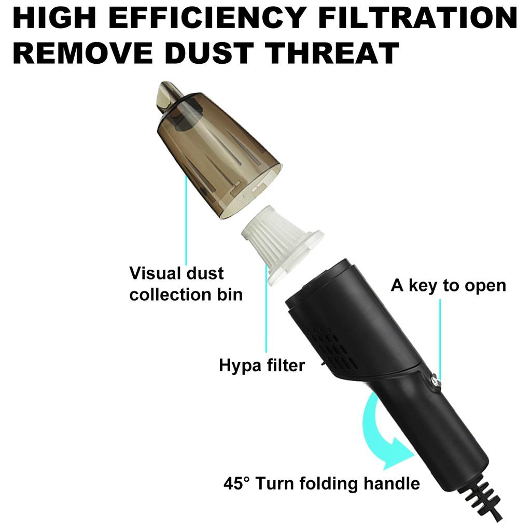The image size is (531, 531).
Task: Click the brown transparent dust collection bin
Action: point(218,156)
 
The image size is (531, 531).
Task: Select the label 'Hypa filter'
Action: point(261,366)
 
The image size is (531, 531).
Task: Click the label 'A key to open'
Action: point(448,285)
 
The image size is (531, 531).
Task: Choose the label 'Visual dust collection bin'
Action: point(186,284)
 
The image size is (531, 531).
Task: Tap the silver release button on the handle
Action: point(434,381)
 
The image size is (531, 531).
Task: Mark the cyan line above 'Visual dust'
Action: point(186,218)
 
